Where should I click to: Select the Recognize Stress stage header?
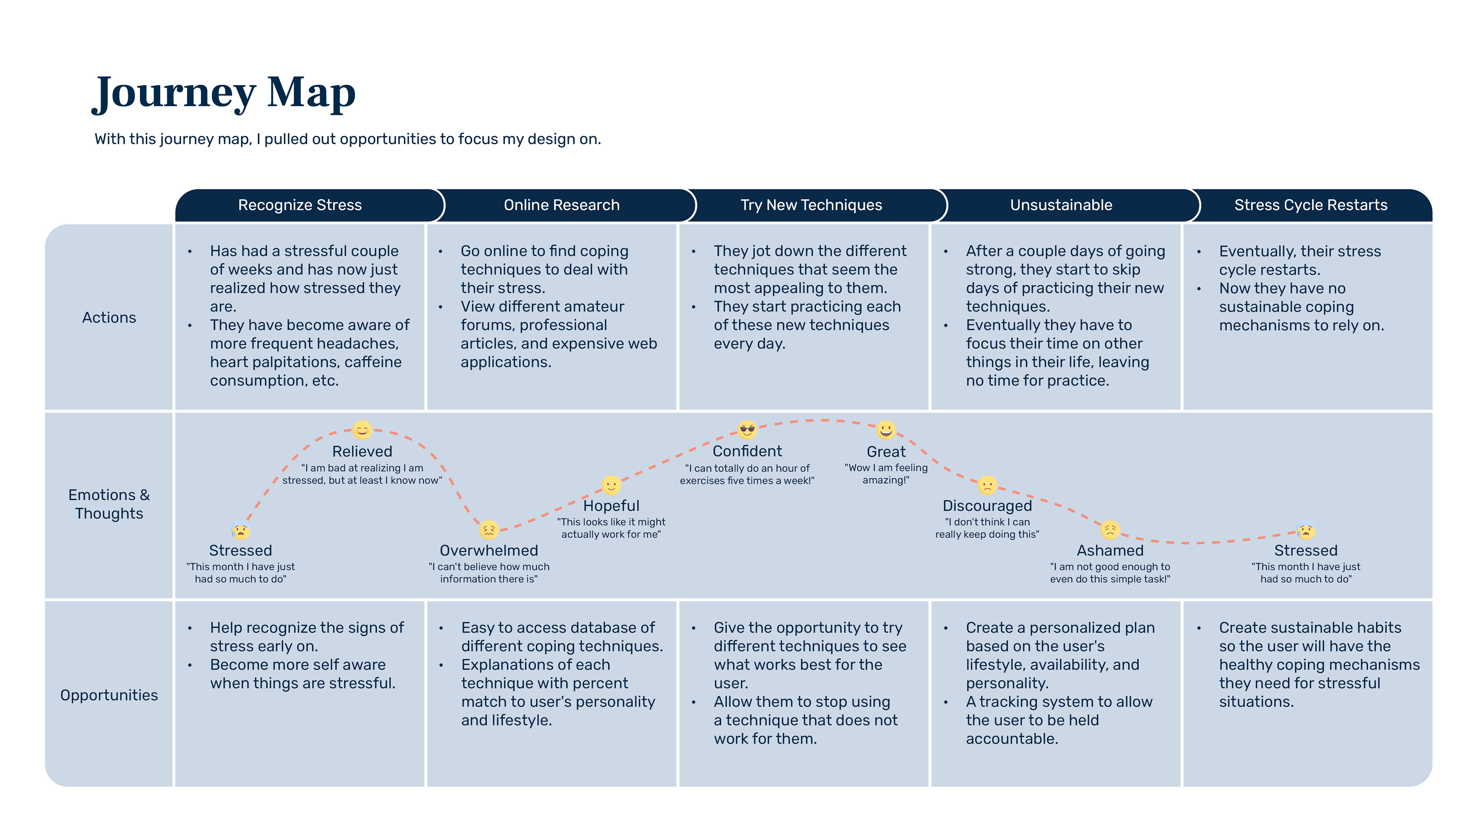pos(299,205)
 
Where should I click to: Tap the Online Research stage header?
pos(561,205)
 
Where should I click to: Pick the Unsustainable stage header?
pos(1061,205)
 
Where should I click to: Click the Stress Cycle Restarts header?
pos(1310,205)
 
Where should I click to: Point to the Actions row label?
pos(109,317)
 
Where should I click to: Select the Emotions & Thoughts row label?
pos(109,504)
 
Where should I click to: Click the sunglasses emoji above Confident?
pos(747,430)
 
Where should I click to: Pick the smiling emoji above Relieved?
pos(362,430)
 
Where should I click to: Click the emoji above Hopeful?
pos(611,485)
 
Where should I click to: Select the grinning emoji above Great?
pos(885,430)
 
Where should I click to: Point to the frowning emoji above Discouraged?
pos(987,485)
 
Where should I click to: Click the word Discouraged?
pos(987,506)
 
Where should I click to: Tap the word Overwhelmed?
pos(488,551)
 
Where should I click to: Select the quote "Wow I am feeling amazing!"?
pos(885,474)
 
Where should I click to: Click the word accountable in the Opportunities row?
pos(1012,739)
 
